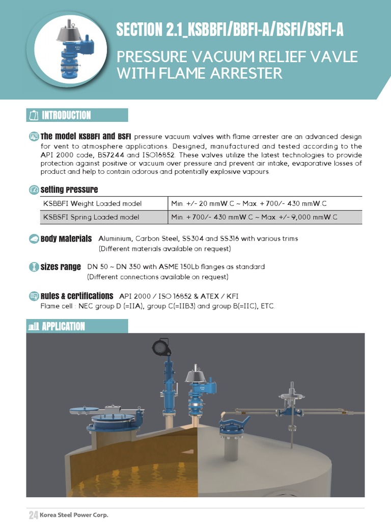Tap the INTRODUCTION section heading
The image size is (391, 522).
click(66, 115)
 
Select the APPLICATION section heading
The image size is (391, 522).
click(63, 326)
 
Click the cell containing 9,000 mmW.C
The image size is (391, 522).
click(265, 217)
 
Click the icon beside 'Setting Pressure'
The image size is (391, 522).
click(34, 190)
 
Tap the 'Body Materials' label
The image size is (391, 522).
click(66, 239)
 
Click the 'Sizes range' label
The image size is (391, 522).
click(61, 267)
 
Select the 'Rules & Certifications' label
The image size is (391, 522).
click(77, 296)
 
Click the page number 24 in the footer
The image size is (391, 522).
click(33, 515)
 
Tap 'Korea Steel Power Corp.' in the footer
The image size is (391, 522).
click(74, 515)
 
